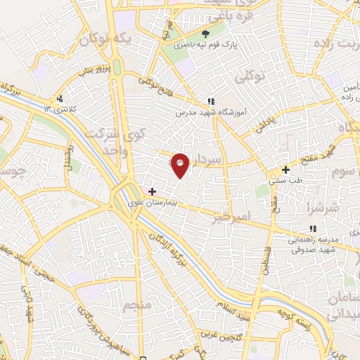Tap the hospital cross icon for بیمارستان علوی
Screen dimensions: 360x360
pos(152,191)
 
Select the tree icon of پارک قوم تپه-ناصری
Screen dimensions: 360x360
pos(206,33)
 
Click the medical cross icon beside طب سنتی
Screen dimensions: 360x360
pos(285,169)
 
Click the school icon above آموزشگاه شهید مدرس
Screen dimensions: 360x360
pos(211,101)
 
